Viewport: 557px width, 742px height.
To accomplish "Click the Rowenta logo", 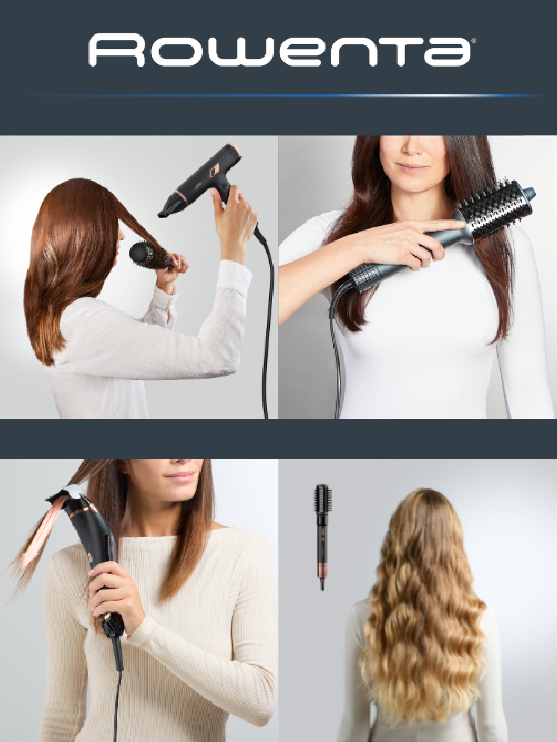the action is (x=281, y=50).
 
